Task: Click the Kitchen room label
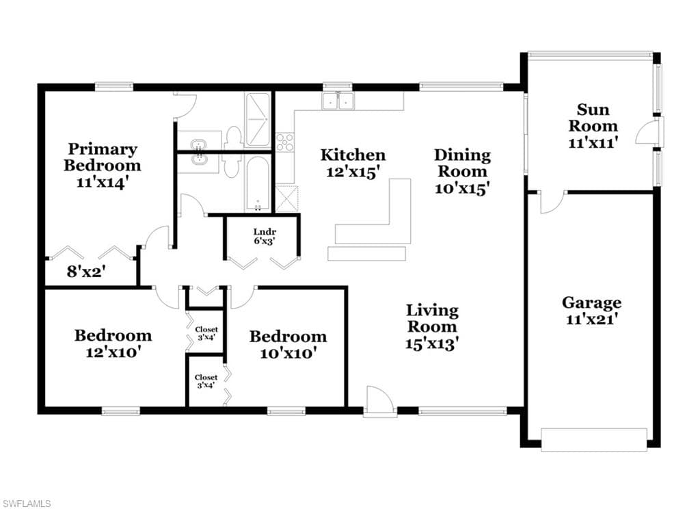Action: click(353, 155)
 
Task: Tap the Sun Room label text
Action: click(593, 118)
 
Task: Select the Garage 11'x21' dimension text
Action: click(591, 319)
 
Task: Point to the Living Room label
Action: click(432, 318)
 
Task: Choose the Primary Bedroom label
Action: click(103, 157)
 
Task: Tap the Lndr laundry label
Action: click(265, 231)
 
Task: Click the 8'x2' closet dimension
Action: click(85, 271)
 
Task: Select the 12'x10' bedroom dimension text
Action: click(113, 352)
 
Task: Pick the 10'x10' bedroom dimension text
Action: click(288, 353)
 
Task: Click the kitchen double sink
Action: click(338, 101)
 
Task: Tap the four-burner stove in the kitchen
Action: click(285, 142)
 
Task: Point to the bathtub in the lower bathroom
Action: click(258, 183)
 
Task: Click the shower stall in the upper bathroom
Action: click(257, 119)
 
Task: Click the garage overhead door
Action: click(594, 439)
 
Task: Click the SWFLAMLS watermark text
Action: click(26, 504)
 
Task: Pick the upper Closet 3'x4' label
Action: click(206, 333)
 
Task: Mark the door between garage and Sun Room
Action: click(552, 202)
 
